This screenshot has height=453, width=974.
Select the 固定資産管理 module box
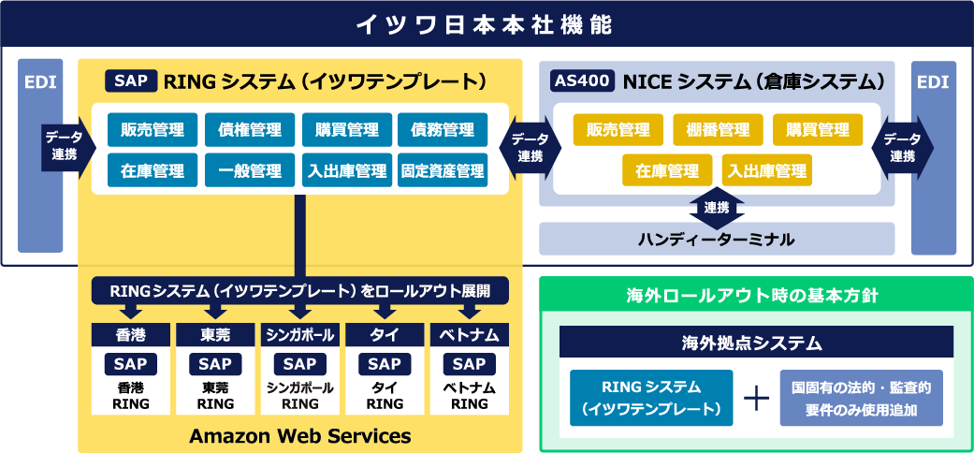pos(443,171)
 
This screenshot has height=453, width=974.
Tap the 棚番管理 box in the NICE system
pos(718,129)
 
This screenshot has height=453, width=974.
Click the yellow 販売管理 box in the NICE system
pos(618,129)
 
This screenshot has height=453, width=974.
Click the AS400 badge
pos(582,81)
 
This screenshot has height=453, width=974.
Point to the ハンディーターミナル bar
pos(717,240)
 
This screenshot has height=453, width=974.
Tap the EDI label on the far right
pos(933,82)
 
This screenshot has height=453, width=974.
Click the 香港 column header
pos(131,334)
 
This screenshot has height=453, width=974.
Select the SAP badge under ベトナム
pos(470,364)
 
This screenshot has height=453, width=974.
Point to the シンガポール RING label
pos(300,396)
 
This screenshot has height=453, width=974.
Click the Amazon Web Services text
pos(299,435)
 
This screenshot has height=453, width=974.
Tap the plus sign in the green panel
pos(756,398)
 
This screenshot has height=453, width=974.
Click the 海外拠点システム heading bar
pos(756,343)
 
